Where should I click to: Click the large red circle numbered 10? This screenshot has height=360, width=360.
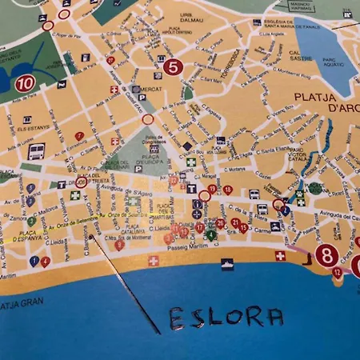point(25,82)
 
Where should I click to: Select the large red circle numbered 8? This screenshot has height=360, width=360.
point(326,255)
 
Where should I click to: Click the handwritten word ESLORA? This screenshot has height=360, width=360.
point(226,318)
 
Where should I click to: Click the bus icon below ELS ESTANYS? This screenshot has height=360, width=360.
point(36,150)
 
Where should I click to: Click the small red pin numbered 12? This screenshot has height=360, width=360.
point(337,273)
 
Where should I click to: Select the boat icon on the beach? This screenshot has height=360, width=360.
point(227,263)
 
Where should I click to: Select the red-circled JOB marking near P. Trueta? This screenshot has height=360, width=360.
point(81,182)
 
